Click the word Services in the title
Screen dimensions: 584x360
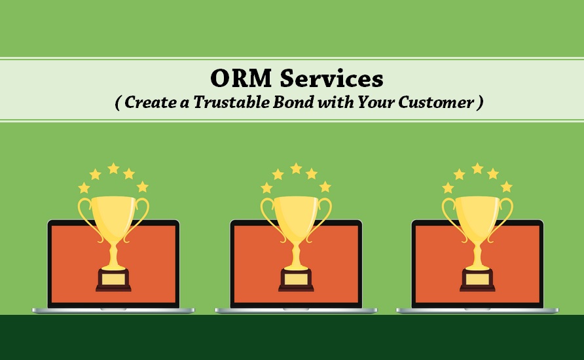[x=331, y=78]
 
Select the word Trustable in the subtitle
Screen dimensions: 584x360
[x=231, y=102]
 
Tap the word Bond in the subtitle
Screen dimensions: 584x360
[x=293, y=102]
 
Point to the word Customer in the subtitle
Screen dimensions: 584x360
[x=436, y=102]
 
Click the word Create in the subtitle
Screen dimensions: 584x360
[x=151, y=102]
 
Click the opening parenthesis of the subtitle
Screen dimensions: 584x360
[x=118, y=102]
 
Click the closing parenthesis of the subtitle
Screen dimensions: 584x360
[x=480, y=102]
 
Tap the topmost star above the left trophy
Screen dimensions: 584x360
[x=114, y=168]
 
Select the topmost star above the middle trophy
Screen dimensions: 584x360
[x=296, y=168]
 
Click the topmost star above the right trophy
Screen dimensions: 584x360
[x=477, y=168]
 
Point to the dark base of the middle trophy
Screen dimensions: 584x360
[x=296, y=280]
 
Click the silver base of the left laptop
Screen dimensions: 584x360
[x=113, y=310]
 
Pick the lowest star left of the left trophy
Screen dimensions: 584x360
[x=84, y=188]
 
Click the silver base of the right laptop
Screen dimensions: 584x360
[x=477, y=310]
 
